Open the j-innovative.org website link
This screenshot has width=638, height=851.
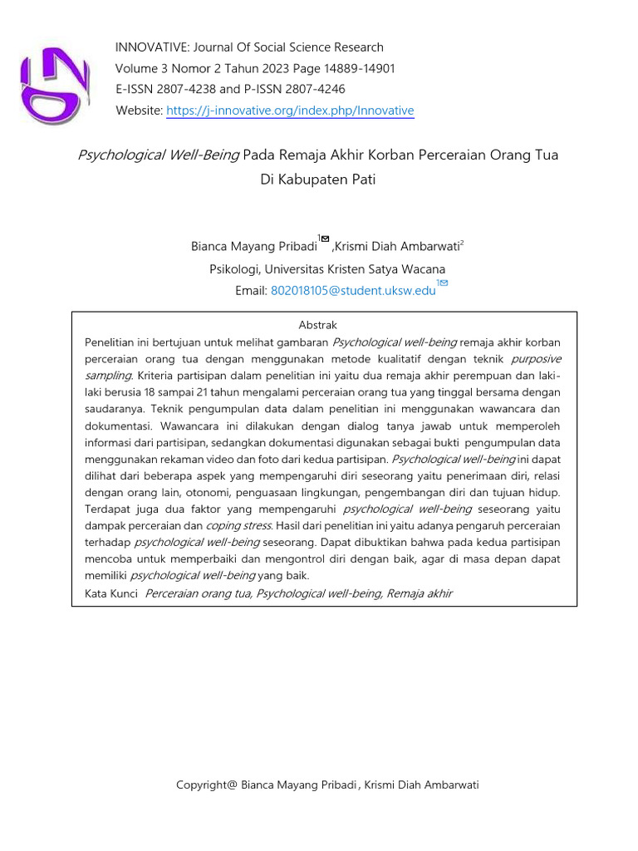[290, 111]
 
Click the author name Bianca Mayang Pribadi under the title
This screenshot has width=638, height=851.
[253, 246]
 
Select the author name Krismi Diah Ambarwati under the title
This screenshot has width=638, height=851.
[397, 246]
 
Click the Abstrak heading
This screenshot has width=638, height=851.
[317, 325]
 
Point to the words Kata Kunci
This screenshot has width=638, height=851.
[111, 593]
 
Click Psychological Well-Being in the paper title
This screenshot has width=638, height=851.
[159, 155]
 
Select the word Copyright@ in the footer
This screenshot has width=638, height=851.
[206, 785]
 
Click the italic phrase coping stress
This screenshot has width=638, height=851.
[238, 526]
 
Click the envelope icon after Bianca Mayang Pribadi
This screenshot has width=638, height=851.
[325, 239]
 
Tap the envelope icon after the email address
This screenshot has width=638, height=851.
[444, 283]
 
